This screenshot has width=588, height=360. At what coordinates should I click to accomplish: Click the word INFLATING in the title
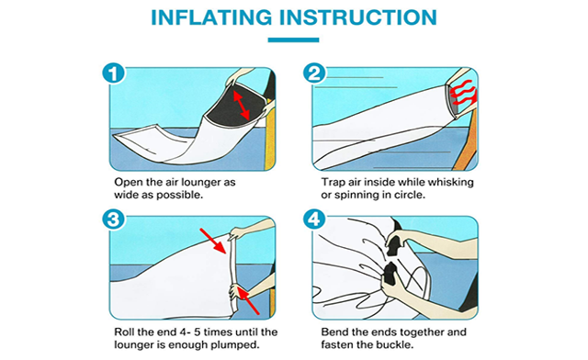point(211,17)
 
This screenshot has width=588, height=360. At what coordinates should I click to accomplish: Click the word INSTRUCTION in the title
point(358,17)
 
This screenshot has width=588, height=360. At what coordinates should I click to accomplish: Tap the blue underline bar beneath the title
point(293,39)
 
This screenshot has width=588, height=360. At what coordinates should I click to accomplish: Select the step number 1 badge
point(113,73)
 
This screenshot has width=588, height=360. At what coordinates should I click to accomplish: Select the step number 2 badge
point(314,73)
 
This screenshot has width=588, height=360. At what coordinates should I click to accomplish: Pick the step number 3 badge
point(113,219)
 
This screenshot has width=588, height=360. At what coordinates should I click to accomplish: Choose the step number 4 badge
point(314,219)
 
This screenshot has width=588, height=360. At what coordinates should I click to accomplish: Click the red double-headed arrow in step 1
point(242,105)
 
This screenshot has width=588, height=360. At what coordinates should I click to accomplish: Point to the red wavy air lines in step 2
point(463,93)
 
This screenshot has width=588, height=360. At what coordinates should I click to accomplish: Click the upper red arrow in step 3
point(214,241)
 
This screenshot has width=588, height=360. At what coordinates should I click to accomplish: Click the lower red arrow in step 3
point(248,300)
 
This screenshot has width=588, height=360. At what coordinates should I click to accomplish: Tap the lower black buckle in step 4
point(390,274)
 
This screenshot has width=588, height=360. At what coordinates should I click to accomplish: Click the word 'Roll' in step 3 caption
point(124,332)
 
